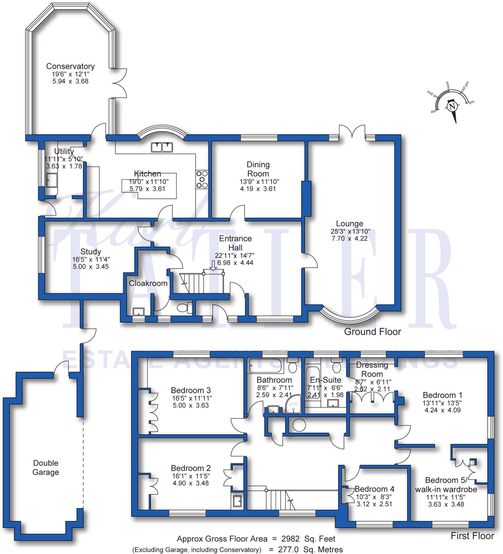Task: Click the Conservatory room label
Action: tap(70, 66)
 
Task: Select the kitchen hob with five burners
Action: tap(202, 179)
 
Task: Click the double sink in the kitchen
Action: tap(162, 147)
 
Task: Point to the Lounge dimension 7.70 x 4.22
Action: tap(349, 239)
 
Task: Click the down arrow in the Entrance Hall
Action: tap(213, 265)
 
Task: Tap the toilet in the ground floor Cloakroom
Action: tap(185, 308)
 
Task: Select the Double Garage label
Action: tap(46, 467)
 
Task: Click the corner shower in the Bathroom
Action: tap(294, 404)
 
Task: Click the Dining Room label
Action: tap(258, 169)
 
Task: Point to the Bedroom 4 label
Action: tap(374, 489)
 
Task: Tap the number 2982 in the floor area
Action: tap(290, 539)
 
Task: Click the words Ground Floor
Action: tap(372, 332)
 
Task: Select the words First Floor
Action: tap(472, 536)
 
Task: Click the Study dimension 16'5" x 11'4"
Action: tap(91, 259)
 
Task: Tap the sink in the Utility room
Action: tap(52, 180)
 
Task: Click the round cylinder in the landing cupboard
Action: tap(299, 425)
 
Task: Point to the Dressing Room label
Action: tap(372, 369)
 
